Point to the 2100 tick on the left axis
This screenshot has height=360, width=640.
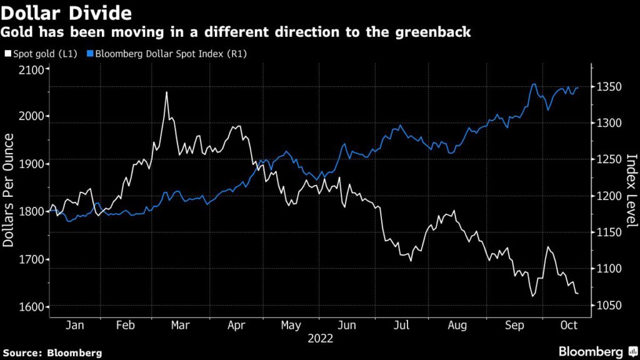click(x=31, y=69)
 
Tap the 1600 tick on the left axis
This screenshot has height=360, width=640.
click(x=31, y=307)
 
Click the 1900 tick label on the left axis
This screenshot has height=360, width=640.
click(x=31, y=164)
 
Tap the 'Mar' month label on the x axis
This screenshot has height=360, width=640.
click(x=180, y=326)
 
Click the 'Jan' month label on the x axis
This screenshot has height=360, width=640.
click(x=74, y=326)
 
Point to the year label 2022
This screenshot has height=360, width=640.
click(x=319, y=338)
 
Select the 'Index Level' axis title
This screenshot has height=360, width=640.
click(x=631, y=188)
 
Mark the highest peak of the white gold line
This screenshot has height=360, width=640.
click(x=166, y=92)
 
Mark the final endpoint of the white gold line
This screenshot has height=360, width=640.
click(x=577, y=293)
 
